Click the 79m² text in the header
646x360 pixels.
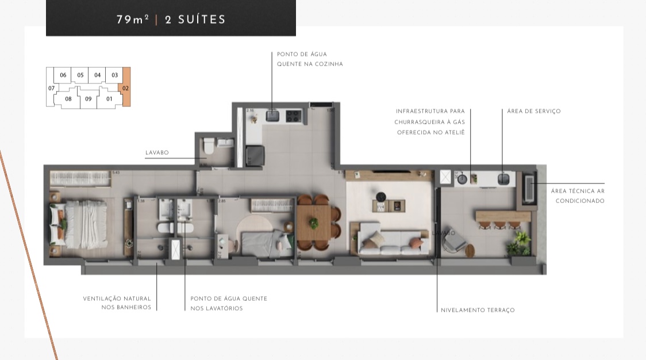pos(133,20)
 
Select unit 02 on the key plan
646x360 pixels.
pos(126,89)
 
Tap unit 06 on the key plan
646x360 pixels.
pos(63,75)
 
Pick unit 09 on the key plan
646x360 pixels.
pos(88,99)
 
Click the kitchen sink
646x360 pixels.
pos(272,116)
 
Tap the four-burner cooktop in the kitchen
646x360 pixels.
pos(293,116)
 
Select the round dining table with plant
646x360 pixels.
pos(314,223)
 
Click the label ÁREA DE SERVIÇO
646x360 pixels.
pos(533,112)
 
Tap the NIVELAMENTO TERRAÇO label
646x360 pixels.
pos(478,311)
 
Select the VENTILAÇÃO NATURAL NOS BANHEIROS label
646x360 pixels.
pos(117,303)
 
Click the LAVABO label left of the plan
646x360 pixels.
pos(157,153)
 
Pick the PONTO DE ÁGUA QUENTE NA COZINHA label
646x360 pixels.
pos(309,59)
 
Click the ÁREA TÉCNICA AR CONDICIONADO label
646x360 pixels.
pos(577,196)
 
